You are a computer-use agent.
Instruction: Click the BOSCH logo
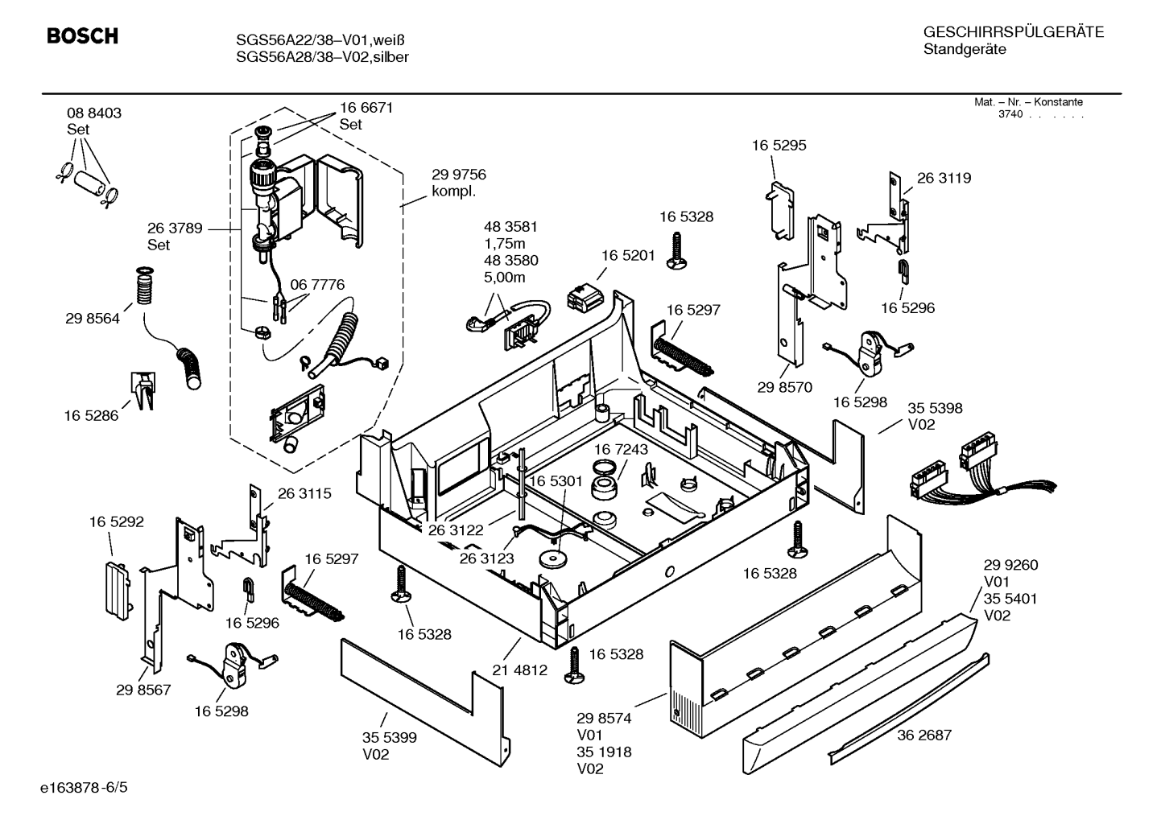[82, 35]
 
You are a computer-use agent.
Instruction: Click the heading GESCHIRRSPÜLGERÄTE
[1014, 32]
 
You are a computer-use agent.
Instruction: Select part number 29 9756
[459, 174]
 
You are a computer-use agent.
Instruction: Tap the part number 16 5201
[628, 255]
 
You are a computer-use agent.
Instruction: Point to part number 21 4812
[519, 670]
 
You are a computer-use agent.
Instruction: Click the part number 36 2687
[924, 735]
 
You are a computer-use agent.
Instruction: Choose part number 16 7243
[621, 449]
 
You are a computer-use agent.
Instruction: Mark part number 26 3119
[944, 178]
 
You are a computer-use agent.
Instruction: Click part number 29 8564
[93, 319]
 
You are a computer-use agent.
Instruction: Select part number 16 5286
[91, 415]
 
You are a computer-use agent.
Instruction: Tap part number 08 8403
[94, 113]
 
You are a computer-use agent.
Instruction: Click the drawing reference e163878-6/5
[84, 788]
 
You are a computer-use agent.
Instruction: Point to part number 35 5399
[389, 737]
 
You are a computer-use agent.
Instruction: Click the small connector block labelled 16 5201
[585, 296]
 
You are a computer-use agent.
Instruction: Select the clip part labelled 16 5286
[143, 390]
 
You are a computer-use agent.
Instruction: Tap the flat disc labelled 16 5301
[552, 559]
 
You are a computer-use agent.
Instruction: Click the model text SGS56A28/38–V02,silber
[322, 57]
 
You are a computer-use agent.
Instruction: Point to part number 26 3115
[304, 493]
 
